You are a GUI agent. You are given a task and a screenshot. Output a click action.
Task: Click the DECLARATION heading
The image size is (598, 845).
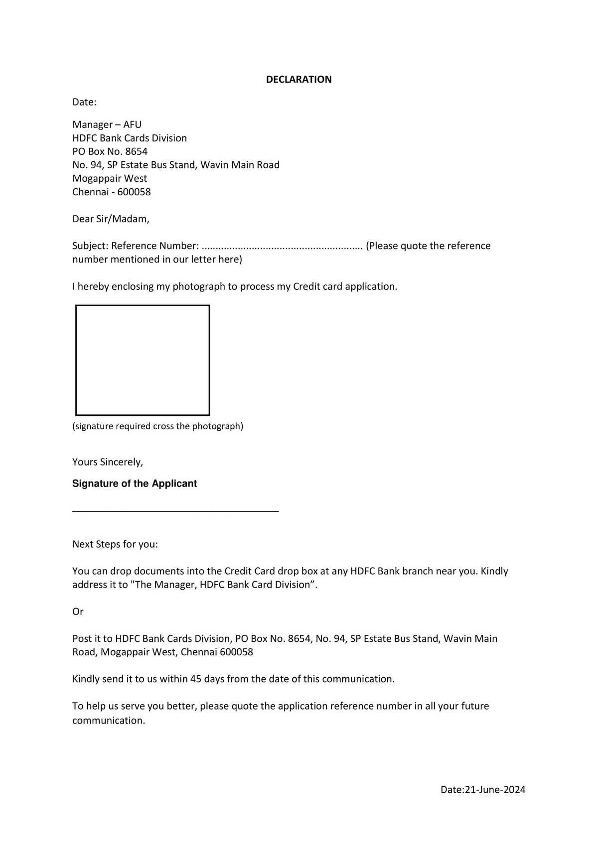click(x=299, y=79)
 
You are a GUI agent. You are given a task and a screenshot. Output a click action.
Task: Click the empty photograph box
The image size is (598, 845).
click(x=143, y=360)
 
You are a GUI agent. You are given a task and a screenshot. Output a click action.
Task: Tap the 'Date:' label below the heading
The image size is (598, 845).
click(x=84, y=102)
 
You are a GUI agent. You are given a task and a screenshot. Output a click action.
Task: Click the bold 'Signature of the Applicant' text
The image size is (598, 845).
click(x=135, y=483)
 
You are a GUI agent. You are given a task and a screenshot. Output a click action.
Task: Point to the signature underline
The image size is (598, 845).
click(x=175, y=511)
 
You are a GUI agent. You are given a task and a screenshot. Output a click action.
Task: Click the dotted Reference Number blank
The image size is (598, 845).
click(x=282, y=246)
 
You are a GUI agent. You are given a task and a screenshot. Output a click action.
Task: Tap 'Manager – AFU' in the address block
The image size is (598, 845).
click(x=107, y=124)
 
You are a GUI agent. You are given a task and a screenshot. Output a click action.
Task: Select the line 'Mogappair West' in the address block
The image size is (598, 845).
click(x=110, y=178)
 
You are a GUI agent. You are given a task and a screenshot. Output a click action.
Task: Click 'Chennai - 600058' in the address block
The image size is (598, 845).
click(x=111, y=192)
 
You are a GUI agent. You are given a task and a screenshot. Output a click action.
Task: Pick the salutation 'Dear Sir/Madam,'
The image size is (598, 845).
click(x=111, y=219)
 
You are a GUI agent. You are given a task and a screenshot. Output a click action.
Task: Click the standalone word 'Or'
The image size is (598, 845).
click(x=78, y=611)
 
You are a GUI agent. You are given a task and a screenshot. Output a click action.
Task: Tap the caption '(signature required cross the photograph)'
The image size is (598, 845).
click(x=157, y=426)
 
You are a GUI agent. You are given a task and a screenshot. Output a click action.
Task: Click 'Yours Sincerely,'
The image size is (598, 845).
click(x=108, y=462)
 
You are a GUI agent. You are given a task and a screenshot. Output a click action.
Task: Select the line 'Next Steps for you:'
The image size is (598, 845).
click(x=115, y=544)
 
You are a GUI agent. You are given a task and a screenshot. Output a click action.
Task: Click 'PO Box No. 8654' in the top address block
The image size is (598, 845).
click(x=110, y=151)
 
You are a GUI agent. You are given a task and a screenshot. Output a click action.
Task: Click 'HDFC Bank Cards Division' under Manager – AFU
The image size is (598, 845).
click(x=130, y=138)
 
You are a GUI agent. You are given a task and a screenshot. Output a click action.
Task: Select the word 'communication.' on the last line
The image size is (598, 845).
click(x=109, y=721)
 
